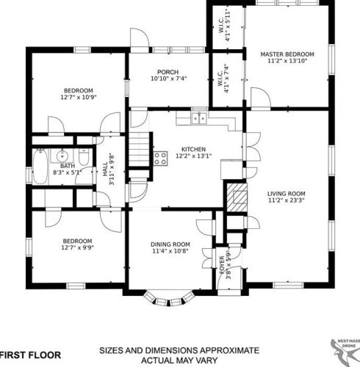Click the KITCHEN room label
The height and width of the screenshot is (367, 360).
[193, 149]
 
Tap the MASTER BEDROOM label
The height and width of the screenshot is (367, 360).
[287, 54]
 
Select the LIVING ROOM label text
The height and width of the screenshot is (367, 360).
[287, 194]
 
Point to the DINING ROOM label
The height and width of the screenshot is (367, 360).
[170, 244]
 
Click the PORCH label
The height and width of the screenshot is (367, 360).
[168, 72]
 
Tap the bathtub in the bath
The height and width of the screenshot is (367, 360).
[40, 166]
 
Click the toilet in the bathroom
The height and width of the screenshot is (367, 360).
[84, 157]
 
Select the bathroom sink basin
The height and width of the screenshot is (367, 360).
[62, 156]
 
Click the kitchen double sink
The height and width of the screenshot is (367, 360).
[199, 118]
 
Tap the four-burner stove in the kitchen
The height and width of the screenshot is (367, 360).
[161, 158]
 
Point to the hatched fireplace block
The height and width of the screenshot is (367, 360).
[237, 197]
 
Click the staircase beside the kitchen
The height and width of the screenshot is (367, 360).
[139, 150]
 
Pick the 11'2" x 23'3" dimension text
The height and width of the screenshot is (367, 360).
[287, 200]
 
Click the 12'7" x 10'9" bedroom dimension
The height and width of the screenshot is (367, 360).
[79, 97]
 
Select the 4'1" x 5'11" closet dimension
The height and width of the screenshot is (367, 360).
[228, 26]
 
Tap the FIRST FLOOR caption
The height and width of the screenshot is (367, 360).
[31, 355]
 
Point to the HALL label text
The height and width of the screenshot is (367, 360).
[105, 169]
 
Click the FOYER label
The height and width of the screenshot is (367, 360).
[222, 265]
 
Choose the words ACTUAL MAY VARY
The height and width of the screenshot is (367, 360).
[179, 360]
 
